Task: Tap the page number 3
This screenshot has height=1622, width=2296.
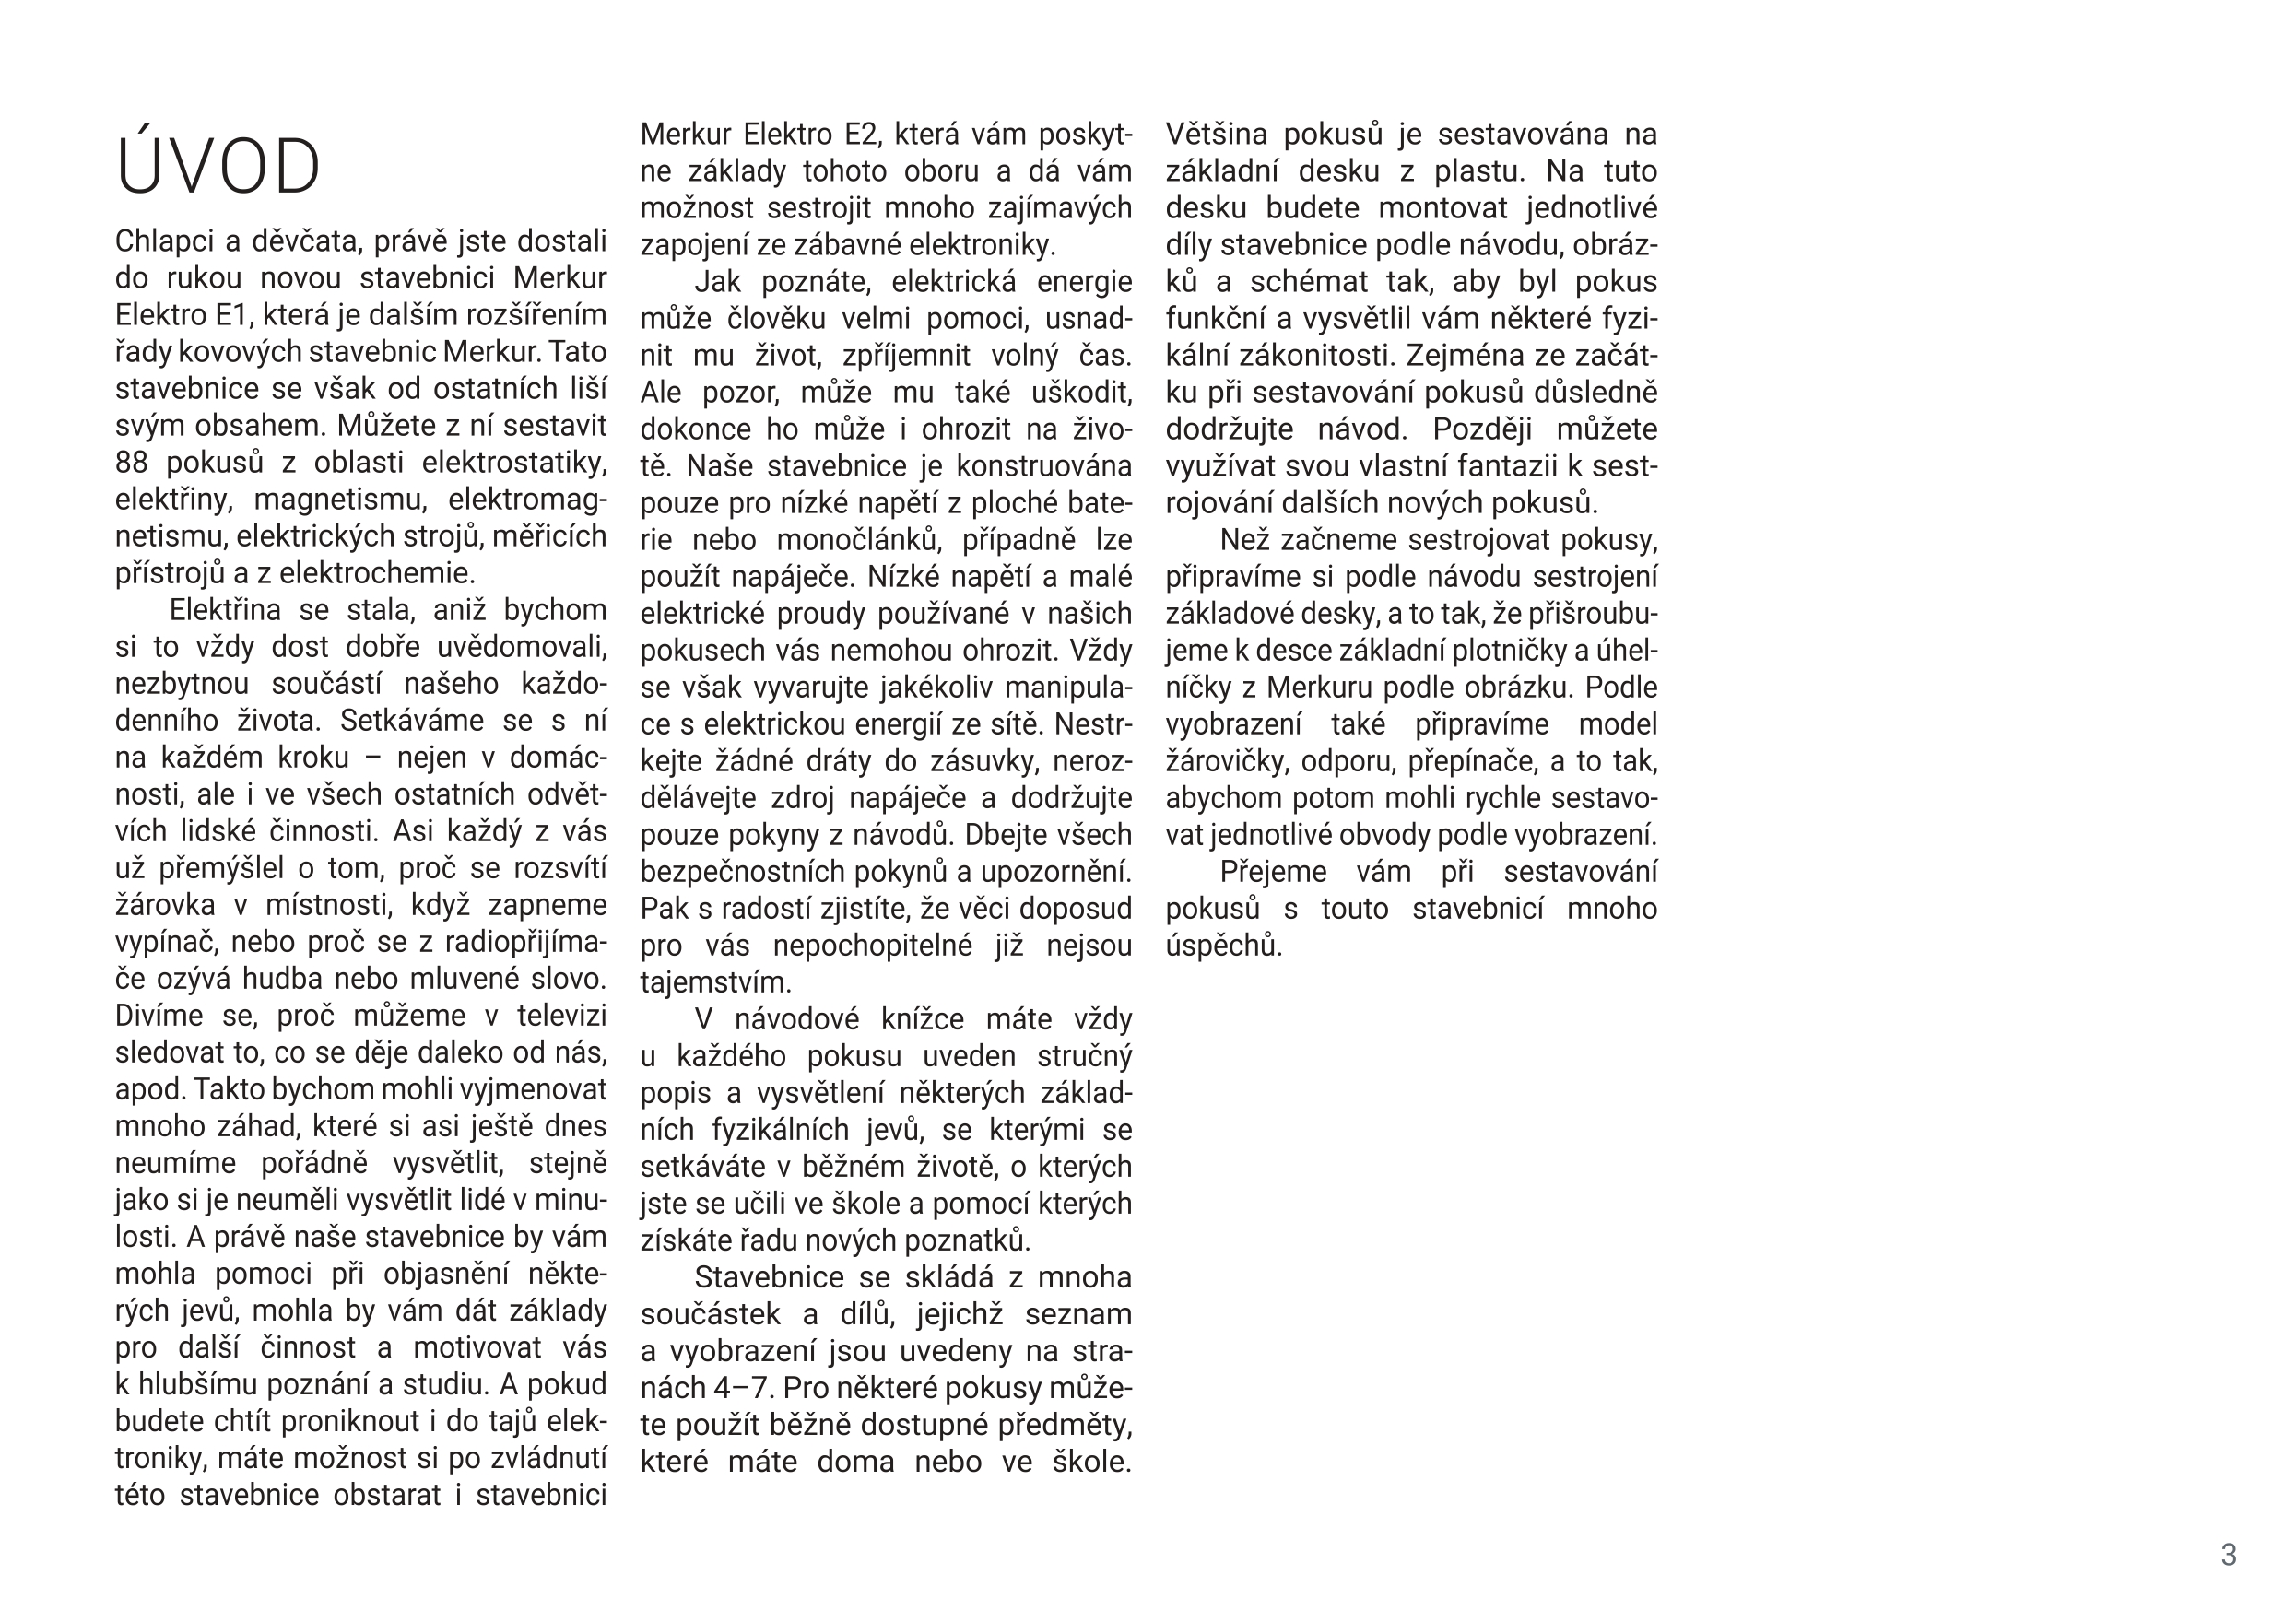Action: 2227,1554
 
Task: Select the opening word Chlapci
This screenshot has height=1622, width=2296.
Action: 162,242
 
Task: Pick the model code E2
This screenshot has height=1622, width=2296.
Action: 861,134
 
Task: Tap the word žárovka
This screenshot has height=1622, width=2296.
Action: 165,905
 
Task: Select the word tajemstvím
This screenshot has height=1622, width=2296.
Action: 715,983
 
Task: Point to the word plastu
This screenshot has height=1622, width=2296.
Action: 1479,171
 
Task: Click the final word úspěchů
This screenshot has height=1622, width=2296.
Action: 1223,946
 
